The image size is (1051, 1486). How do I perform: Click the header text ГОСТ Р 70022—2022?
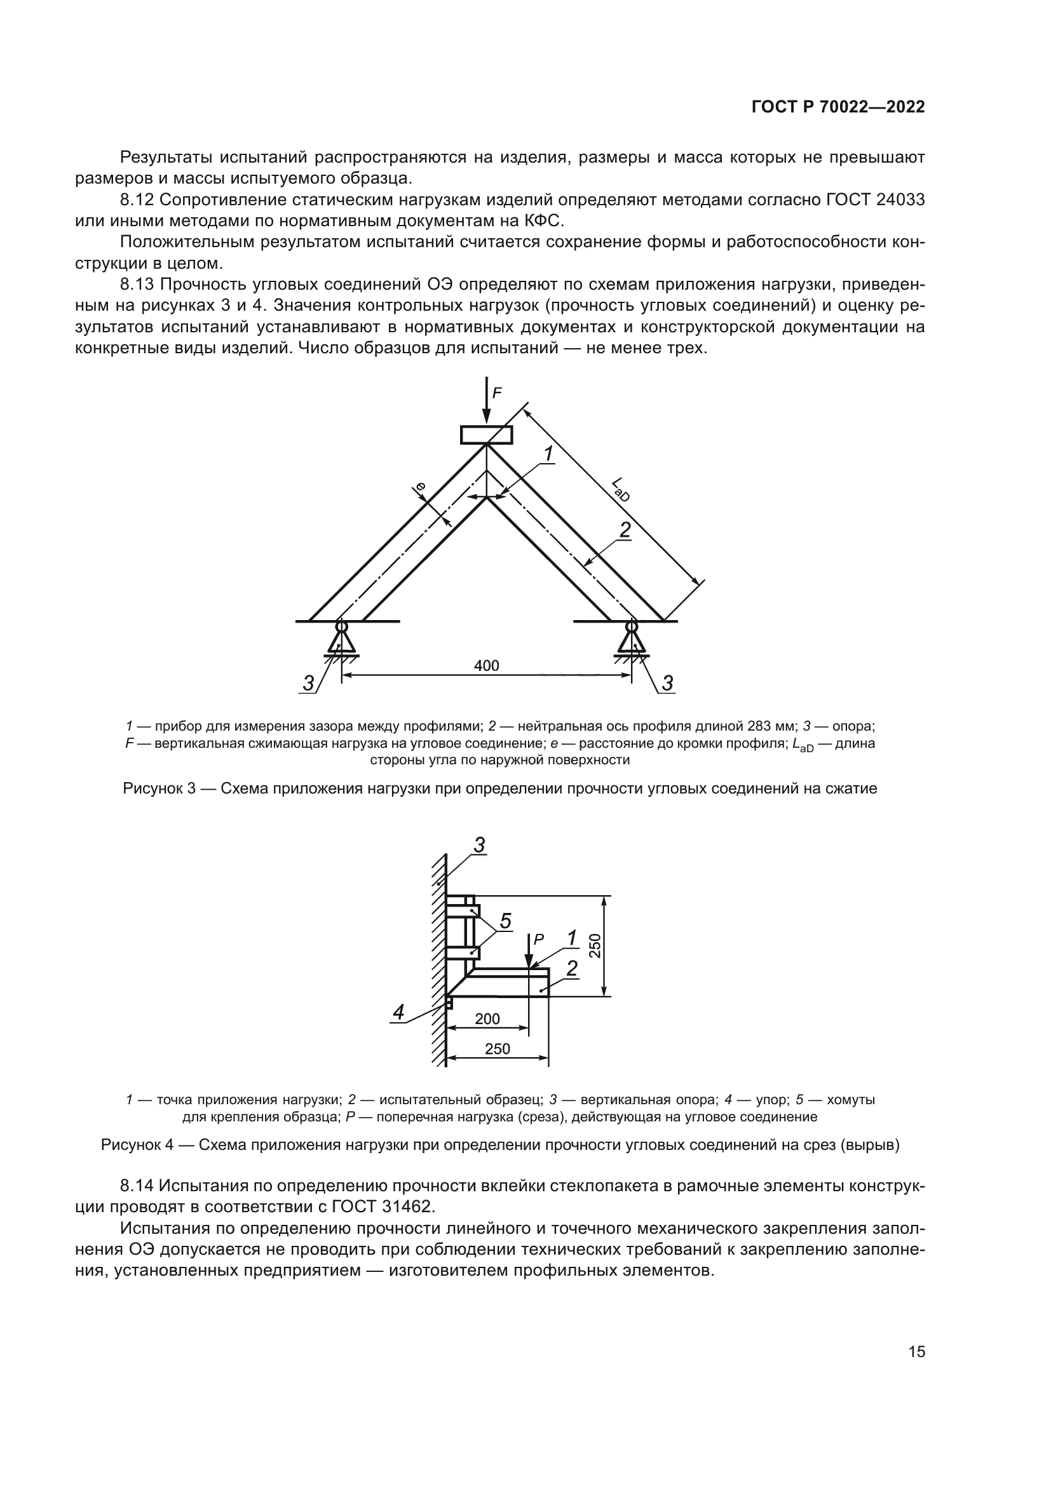click(837, 107)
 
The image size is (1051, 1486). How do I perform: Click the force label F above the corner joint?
click(497, 392)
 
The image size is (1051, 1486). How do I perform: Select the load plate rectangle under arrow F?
click(486, 435)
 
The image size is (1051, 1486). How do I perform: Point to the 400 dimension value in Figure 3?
click(486, 665)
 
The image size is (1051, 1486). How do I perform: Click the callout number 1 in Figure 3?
click(548, 454)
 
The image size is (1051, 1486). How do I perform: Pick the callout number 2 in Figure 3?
click(625, 530)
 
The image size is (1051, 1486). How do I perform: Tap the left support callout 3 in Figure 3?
click(308, 682)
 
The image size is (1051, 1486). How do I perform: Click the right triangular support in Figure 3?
click(631, 640)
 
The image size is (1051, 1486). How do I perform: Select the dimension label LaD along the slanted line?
click(620, 490)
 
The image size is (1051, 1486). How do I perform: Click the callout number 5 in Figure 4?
click(505, 921)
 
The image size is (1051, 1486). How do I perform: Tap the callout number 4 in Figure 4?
click(398, 1012)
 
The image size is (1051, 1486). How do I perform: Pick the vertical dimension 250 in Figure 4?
click(595, 945)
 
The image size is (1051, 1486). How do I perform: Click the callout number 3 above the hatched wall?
click(480, 844)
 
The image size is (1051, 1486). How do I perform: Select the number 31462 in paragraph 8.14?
click(405, 1206)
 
